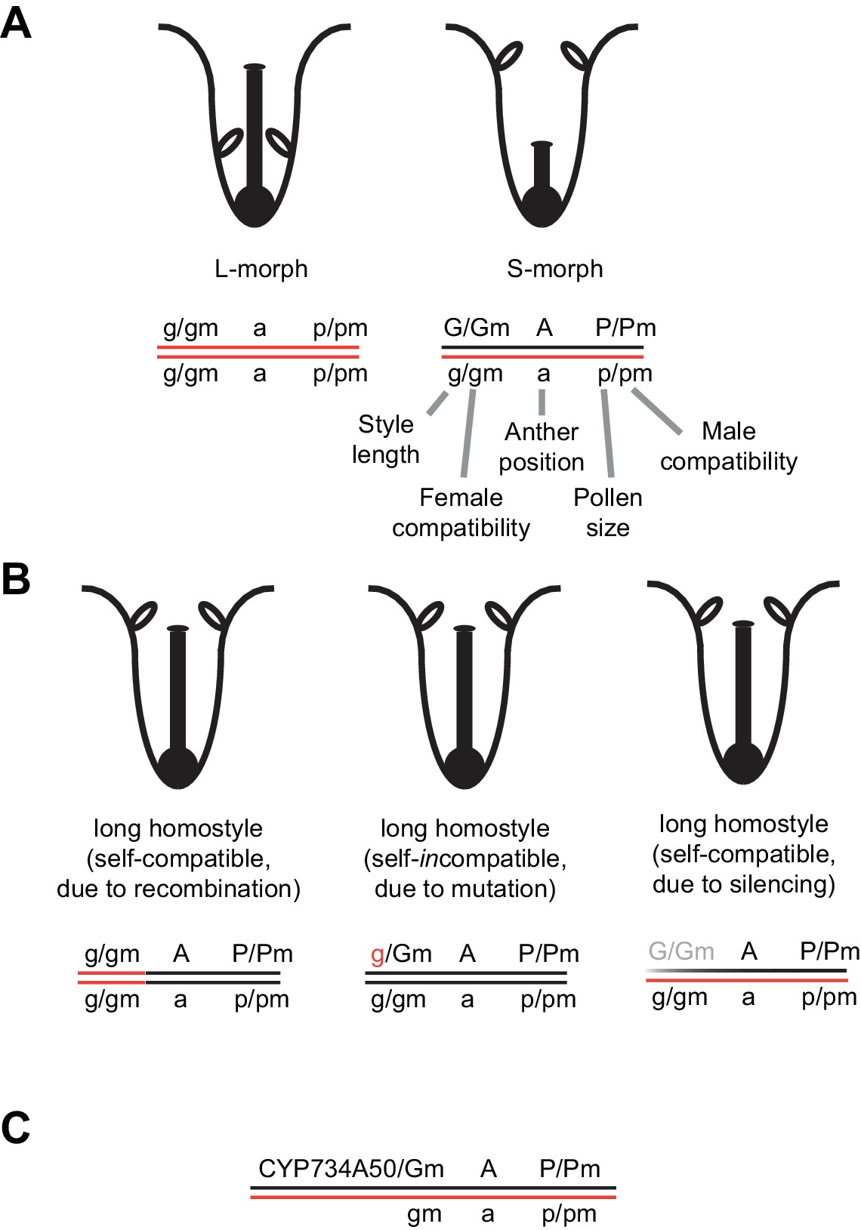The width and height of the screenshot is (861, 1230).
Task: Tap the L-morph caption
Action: click(261, 269)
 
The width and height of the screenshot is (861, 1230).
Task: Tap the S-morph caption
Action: click(555, 269)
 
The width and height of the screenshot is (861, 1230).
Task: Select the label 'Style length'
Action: click(386, 439)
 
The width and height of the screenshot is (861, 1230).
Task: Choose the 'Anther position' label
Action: click(542, 446)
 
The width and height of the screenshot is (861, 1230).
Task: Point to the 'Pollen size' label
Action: click(608, 512)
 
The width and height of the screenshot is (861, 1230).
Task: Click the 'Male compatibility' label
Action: click(729, 445)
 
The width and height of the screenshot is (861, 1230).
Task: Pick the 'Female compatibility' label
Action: click(461, 512)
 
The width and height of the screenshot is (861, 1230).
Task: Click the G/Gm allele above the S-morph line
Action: click(477, 328)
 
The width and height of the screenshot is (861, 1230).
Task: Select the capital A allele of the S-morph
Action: click(545, 328)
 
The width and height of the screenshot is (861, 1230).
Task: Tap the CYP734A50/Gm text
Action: click(351, 1169)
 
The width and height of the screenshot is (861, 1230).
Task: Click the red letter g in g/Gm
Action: click(378, 955)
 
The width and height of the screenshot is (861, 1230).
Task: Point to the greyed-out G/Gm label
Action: click(681, 951)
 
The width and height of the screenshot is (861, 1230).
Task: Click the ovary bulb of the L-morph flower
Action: click(255, 205)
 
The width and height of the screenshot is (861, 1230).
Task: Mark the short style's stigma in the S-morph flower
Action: click(542, 143)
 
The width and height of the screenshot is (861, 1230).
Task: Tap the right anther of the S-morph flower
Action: click(577, 54)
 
